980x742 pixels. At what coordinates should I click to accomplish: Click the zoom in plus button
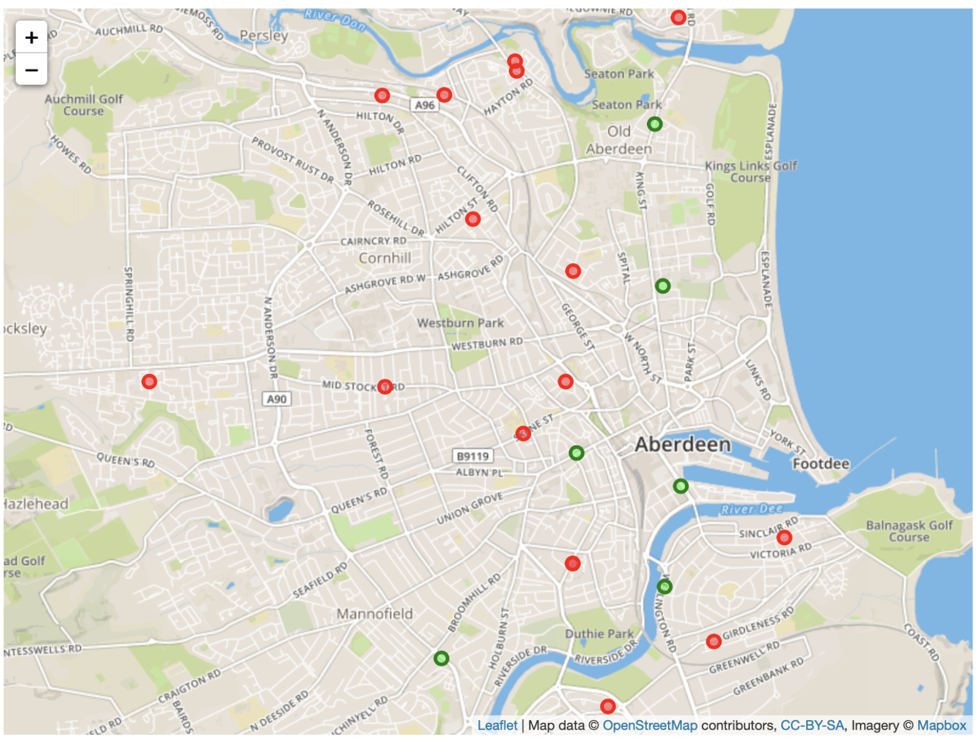click(31, 37)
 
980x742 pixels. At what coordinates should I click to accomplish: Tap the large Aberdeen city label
click(682, 445)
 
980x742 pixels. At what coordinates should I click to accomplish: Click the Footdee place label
click(821, 464)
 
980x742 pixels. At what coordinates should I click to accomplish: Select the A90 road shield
click(276, 399)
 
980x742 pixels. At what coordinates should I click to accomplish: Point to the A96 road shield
click(424, 105)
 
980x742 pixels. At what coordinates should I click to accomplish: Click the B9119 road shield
click(472, 456)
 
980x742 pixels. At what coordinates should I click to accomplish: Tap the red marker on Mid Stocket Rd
click(385, 387)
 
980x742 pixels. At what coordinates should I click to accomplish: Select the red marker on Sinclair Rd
click(784, 537)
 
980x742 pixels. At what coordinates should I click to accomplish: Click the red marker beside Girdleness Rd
click(713, 641)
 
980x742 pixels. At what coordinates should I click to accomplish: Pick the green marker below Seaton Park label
click(654, 124)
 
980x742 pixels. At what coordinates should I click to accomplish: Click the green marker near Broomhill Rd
click(441, 658)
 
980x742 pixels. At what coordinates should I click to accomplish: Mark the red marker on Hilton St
click(472, 219)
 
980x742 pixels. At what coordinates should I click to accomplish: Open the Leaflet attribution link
click(497, 725)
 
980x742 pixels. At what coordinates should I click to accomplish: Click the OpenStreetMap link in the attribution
click(649, 725)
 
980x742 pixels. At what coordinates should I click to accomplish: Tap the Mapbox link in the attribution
click(941, 725)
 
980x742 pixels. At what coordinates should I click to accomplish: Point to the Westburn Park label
click(460, 323)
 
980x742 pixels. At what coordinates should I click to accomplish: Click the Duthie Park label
click(599, 634)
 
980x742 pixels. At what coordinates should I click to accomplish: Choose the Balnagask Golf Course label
click(909, 531)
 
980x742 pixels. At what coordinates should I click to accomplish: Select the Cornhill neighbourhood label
click(385, 258)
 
